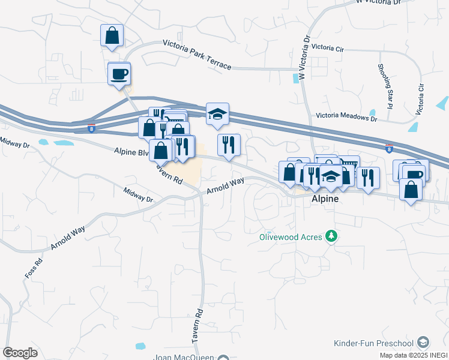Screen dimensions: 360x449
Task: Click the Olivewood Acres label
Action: click(x=291, y=236)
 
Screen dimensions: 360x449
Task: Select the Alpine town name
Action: click(x=324, y=199)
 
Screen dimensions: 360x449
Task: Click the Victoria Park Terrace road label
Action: click(x=197, y=53)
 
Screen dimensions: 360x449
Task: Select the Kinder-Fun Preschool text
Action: click(x=373, y=343)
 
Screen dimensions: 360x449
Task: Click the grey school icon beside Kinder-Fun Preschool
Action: click(x=423, y=343)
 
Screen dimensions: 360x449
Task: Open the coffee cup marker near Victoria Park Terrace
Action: click(x=119, y=74)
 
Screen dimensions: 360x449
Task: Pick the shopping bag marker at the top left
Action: click(x=112, y=35)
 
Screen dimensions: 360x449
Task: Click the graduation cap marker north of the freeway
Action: click(x=217, y=113)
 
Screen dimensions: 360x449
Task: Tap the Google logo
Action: click(x=20, y=353)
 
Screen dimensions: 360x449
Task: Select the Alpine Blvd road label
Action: click(x=131, y=152)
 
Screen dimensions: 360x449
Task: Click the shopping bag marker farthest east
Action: click(x=411, y=190)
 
